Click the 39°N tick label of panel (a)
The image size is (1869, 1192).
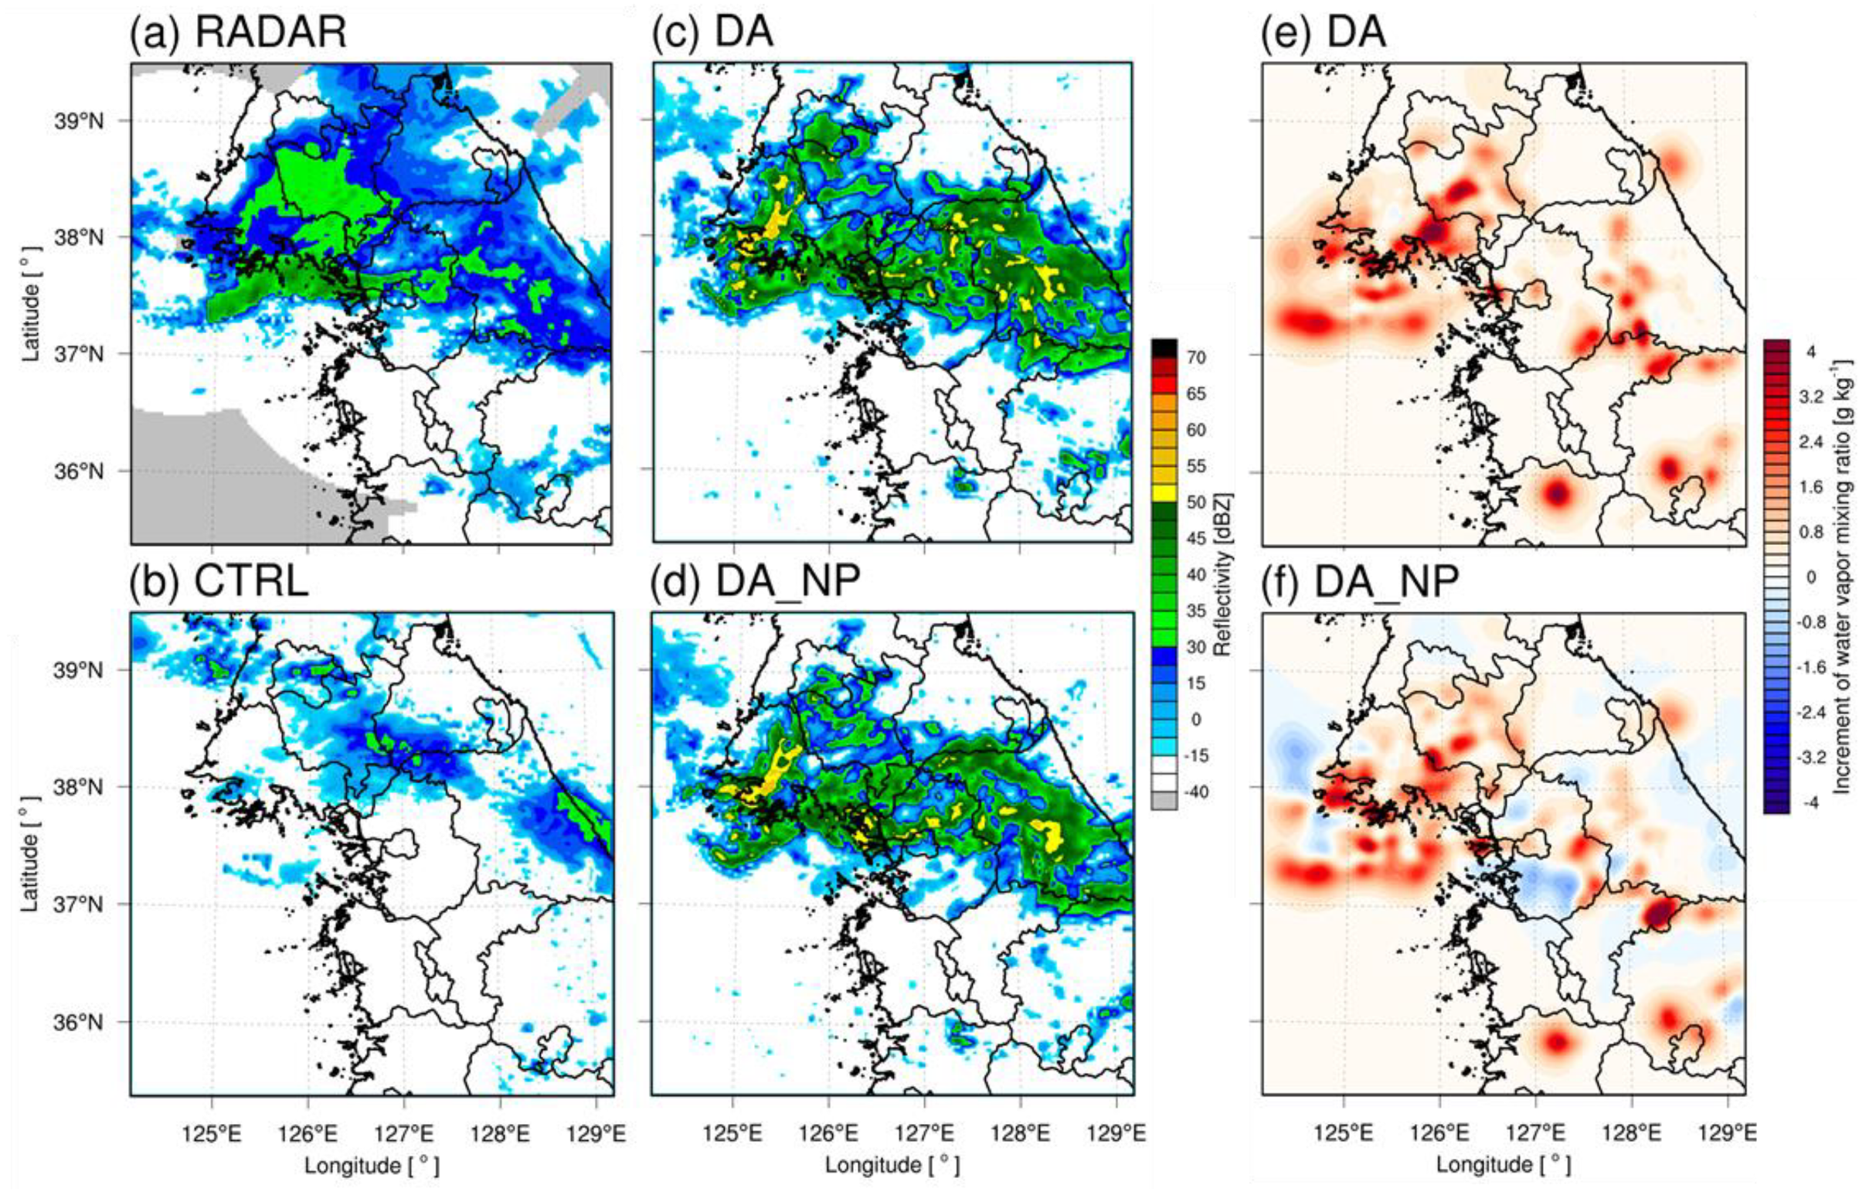[80, 121]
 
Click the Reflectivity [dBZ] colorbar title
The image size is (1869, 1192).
[1223, 574]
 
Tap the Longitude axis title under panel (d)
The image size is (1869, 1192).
[892, 1165]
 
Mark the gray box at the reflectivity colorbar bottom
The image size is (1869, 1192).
[1164, 801]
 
